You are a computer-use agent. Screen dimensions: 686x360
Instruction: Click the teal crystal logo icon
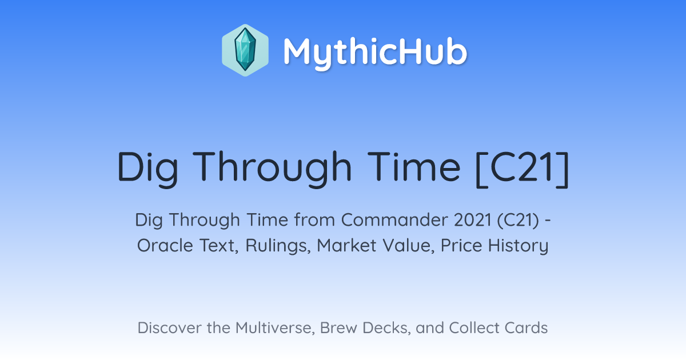pos(245,50)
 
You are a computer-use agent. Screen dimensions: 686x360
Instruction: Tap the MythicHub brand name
pos(375,53)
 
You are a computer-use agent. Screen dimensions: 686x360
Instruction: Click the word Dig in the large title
pos(147,169)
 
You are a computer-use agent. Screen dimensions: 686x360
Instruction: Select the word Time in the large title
pos(414,166)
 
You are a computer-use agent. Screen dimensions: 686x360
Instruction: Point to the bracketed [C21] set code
pos(522,169)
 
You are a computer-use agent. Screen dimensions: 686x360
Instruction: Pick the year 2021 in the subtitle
pos(473,220)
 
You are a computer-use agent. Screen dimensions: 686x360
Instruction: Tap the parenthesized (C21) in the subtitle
pos(518,221)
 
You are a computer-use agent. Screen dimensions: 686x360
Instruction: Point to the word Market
pos(346,245)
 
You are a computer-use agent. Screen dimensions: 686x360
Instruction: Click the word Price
pos(461,245)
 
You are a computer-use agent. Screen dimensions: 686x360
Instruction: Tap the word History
pos(518,246)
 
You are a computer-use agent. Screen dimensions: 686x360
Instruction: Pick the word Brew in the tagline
pos(338,327)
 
